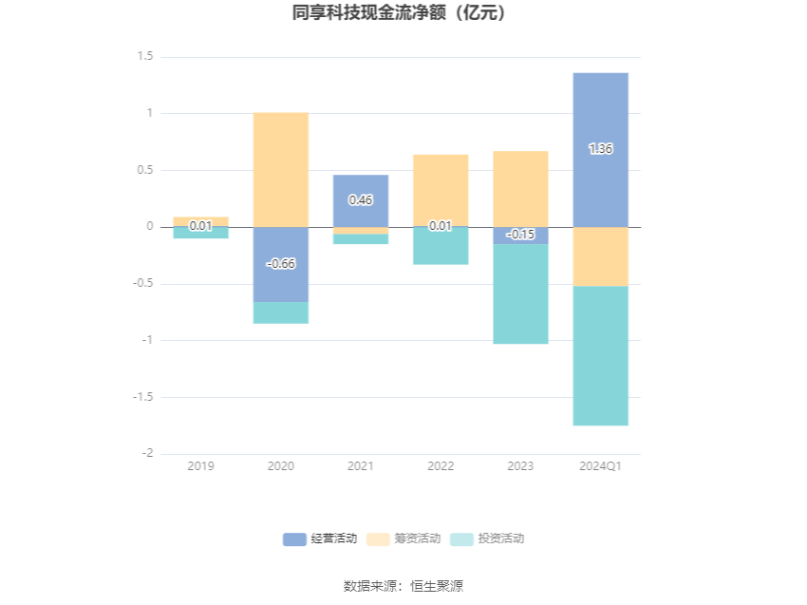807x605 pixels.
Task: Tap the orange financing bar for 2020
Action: click(x=281, y=169)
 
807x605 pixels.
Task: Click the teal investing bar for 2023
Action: click(x=520, y=294)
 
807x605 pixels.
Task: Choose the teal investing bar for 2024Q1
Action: click(x=600, y=356)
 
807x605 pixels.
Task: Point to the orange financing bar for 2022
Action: click(x=441, y=190)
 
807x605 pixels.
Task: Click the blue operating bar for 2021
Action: click(x=361, y=214)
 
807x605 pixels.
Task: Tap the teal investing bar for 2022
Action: click(x=441, y=247)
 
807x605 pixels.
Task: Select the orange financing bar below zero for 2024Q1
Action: click(x=600, y=256)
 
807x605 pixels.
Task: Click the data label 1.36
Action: click(x=600, y=149)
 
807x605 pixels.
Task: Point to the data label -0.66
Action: click(x=281, y=263)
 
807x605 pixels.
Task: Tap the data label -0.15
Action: click(x=520, y=235)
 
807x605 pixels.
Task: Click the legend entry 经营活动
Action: click(x=320, y=539)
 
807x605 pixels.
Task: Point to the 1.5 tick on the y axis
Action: click(x=144, y=57)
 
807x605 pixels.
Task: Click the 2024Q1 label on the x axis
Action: click(x=600, y=466)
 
